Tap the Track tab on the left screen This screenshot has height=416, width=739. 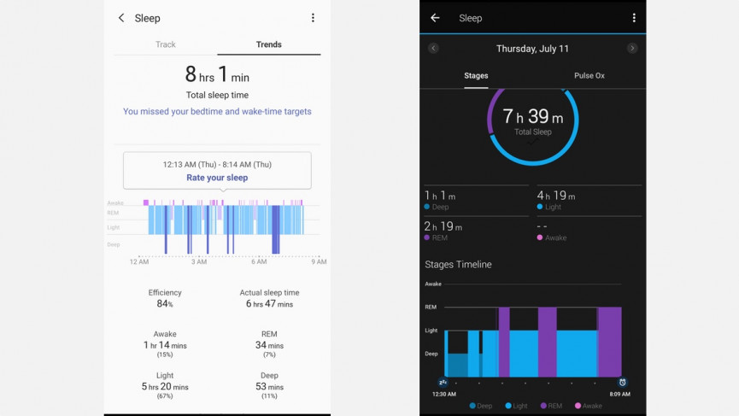(166, 44)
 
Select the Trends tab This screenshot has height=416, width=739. (268, 44)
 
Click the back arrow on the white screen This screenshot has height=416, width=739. (121, 18)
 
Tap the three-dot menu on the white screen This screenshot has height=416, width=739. (313, 18)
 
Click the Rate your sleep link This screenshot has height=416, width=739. (217, 178)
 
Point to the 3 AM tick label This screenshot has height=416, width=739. (199, 262)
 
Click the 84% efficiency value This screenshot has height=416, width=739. (165, 304)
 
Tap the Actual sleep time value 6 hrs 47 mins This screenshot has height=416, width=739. (269, 304)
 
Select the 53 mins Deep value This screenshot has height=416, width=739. (269, 387)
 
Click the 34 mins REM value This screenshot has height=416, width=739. (269, 345)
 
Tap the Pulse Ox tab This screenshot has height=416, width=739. (589, 76)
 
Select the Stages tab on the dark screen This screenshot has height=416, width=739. (476, 76)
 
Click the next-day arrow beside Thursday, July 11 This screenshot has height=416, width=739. (632, 49)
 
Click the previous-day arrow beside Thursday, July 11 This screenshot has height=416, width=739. (433, 49)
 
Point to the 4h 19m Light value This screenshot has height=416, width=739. (556, 196)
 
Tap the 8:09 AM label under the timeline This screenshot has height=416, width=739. (620, 395)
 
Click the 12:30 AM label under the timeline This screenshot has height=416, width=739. (444, 395)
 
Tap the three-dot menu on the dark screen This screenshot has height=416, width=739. (634, 18)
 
